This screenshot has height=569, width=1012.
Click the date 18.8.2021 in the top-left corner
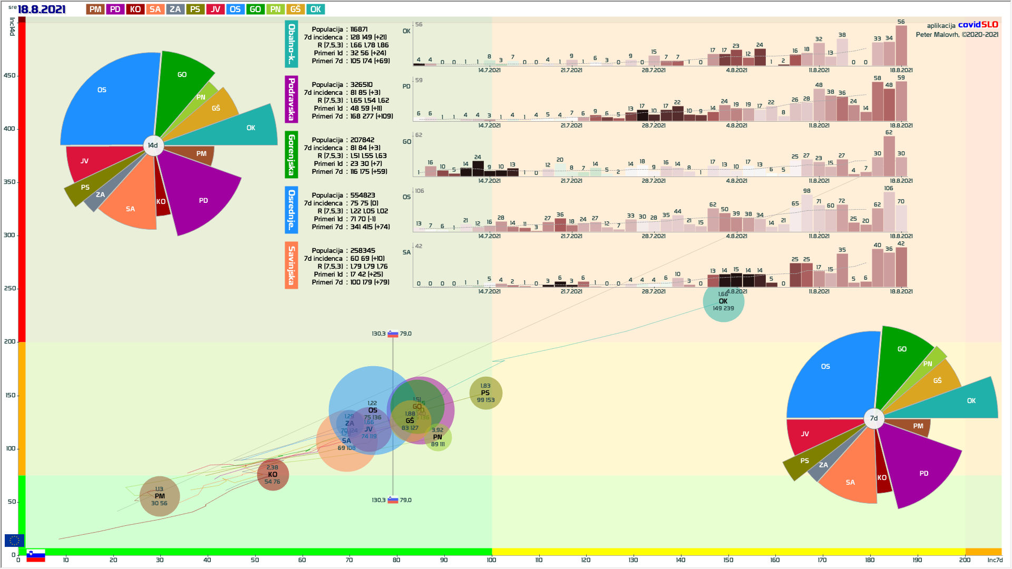[41, 9]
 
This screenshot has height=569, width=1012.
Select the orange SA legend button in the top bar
[155, 9]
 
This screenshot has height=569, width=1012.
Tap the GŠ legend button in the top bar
[295, 9]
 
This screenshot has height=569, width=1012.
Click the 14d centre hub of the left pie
[153, 145]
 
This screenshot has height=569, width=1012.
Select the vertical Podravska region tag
[291, 99]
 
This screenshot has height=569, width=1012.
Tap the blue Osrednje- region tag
[291, 210]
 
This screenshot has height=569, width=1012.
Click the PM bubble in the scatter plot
[160, 496]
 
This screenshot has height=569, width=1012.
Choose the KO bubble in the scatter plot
[273, 475]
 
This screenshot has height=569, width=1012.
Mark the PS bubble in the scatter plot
[485, 393]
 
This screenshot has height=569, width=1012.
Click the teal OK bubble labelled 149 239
[723, 302]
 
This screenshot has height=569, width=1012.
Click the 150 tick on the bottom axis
[728, 560]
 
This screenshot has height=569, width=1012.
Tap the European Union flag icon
[14, 540]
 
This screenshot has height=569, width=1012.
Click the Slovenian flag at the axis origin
[36, 556]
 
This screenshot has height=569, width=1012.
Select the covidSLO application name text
[978, 25]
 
